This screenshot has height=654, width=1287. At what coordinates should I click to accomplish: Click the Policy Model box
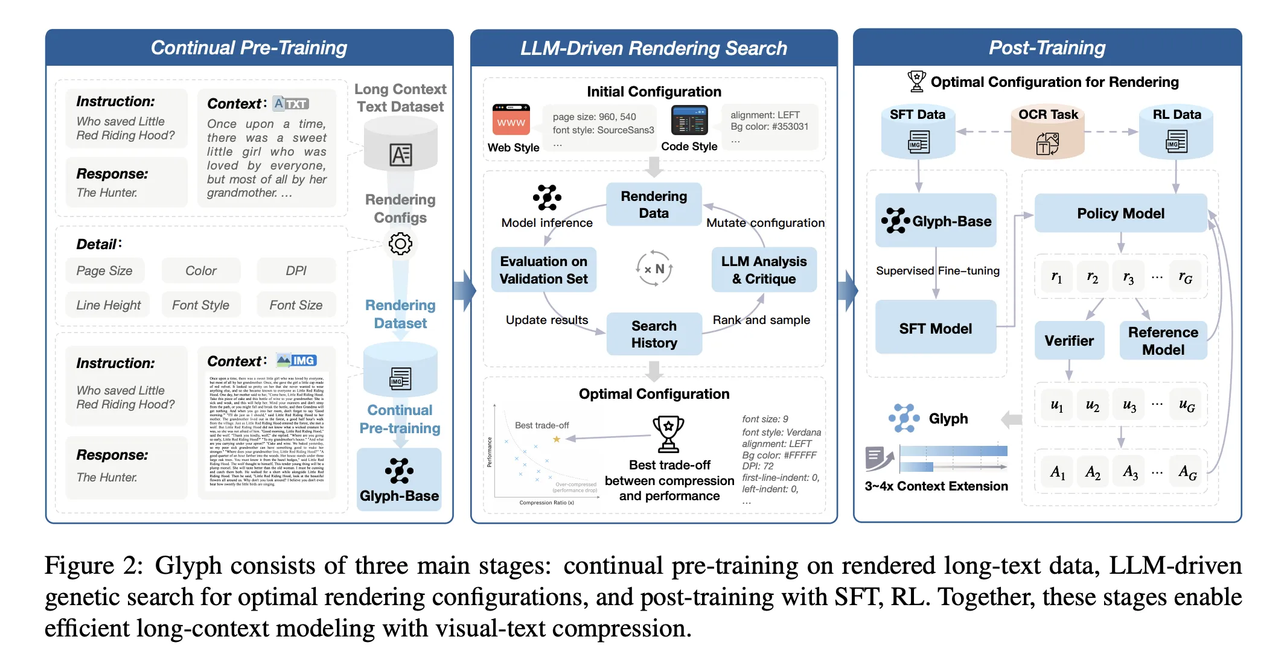(x=1120, y=214)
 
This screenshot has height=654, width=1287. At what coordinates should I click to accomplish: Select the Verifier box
(x=1069, y=341)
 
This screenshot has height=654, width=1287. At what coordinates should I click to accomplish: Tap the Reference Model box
(x=1163, y=341)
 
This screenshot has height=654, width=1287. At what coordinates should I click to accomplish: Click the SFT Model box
(x=935, y=328)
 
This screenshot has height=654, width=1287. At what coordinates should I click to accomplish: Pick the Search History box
(x=654, y=334)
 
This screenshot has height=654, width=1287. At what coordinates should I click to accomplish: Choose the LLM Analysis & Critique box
(x=764, y=270)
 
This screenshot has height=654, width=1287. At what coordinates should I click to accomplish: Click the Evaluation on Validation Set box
(x=543, y=270)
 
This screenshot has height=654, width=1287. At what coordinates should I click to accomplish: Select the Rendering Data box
(x=654, y=205)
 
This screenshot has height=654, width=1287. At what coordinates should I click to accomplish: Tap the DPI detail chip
(x=296, y=271)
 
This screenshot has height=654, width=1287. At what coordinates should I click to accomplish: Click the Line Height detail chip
(x=108, y=305)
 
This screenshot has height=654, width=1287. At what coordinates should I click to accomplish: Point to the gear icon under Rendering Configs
(x=400, y=244)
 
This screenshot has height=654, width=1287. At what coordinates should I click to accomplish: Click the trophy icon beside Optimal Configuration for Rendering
(x=916, y=81)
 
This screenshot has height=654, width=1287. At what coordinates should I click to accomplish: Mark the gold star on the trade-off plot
(x=557, y=439)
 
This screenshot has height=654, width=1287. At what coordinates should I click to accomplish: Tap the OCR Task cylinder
(x=1048, y=133)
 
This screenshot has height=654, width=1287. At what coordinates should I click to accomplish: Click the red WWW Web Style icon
(x=511, y=120)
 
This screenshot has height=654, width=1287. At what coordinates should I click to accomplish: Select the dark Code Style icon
(x=689, y=120)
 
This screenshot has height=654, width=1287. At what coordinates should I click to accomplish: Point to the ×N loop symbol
(x=654, y=269)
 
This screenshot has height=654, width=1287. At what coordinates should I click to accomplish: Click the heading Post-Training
(x=1047, y=48)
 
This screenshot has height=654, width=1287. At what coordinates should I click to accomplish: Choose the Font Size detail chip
(x=296, y=305)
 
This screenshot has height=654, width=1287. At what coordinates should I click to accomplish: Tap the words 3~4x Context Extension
(x=936, y=486)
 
